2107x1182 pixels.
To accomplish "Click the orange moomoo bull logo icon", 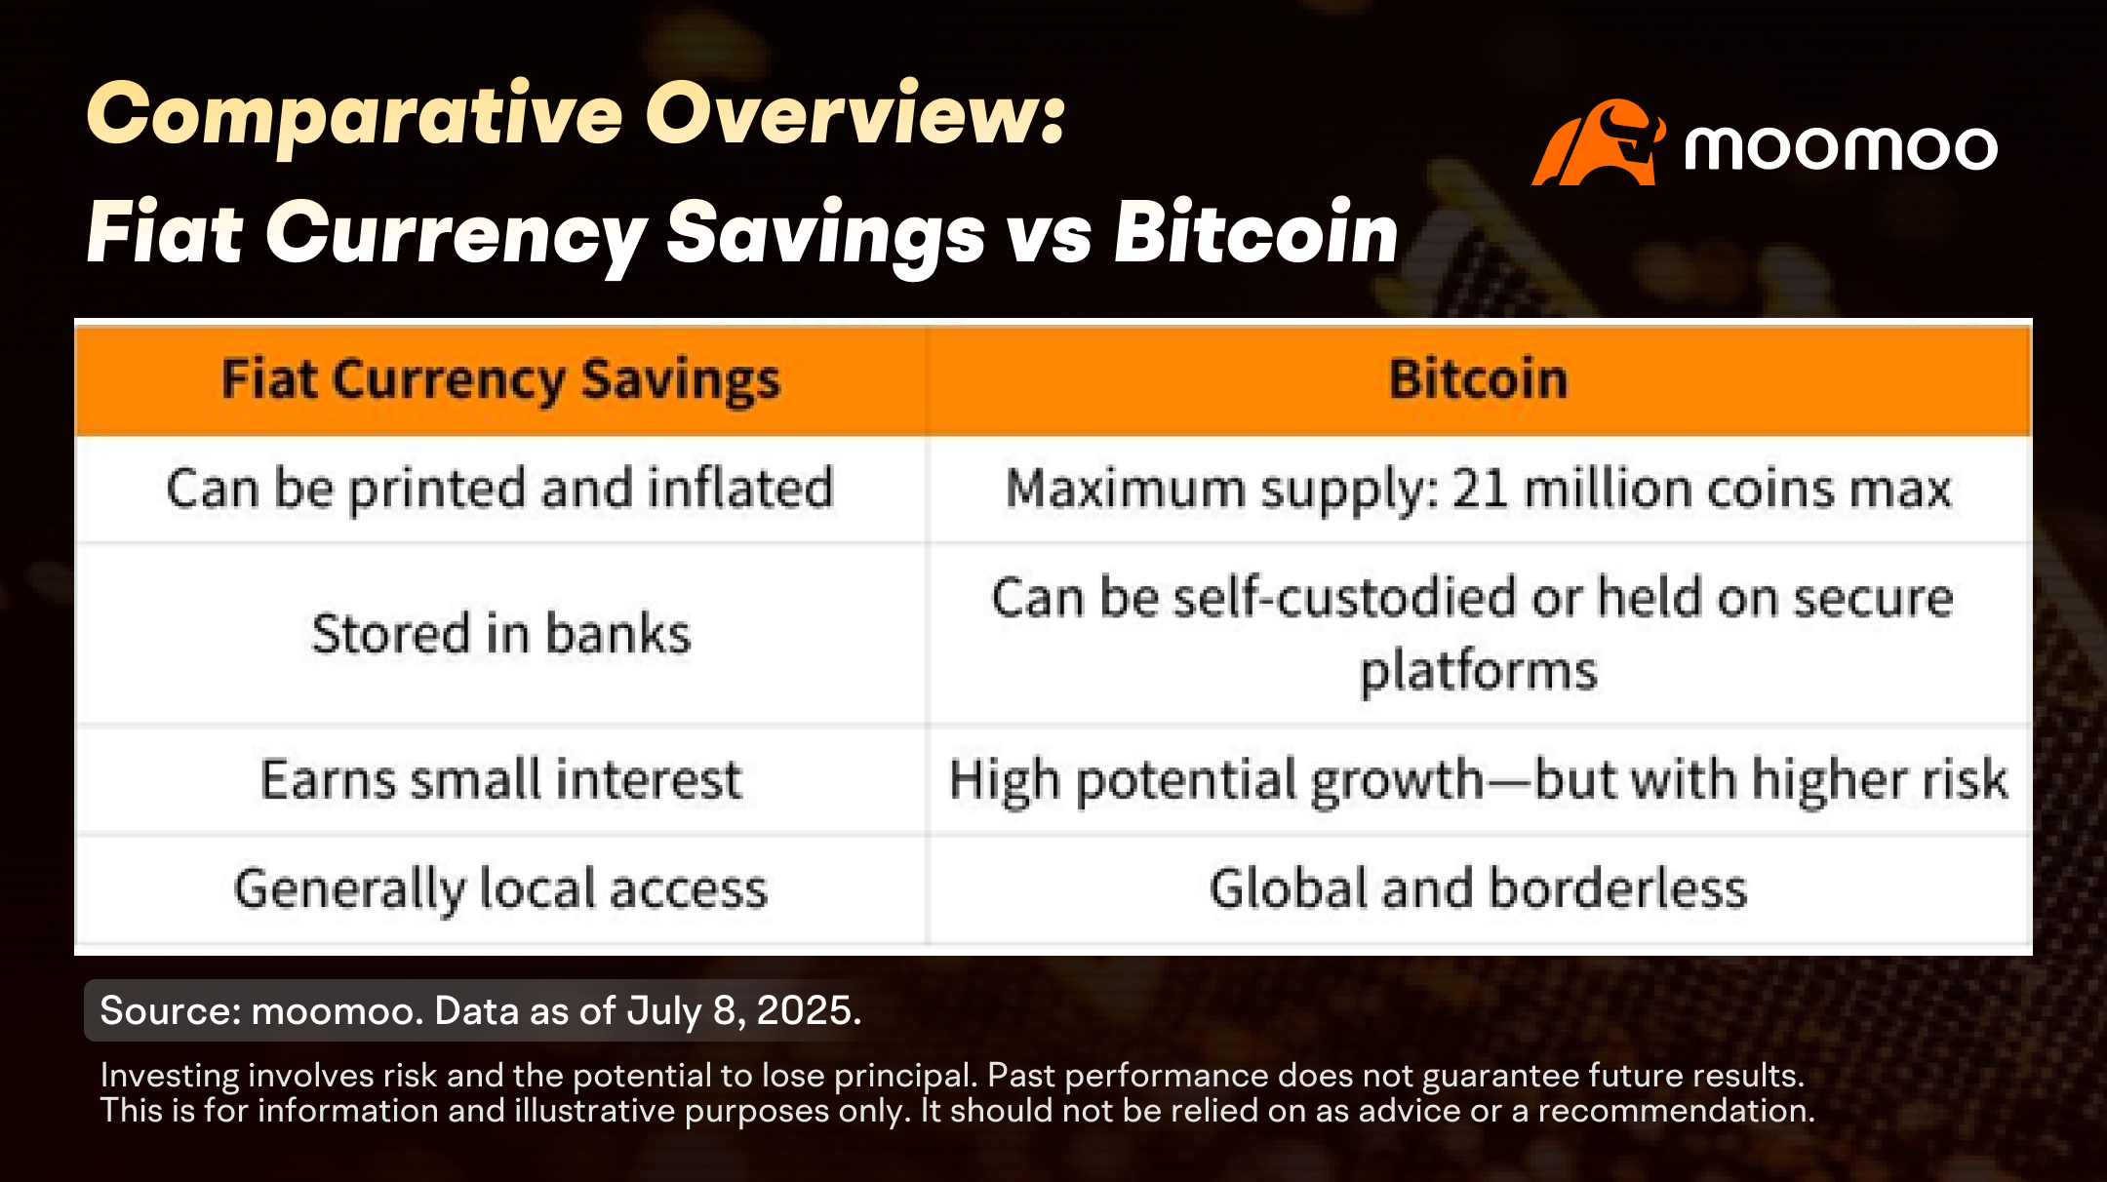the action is point(1598,142).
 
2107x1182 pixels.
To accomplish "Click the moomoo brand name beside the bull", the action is point(1841,148).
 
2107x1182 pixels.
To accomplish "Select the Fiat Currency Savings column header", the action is point(500,380).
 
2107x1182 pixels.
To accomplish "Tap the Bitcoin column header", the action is point(1479,380).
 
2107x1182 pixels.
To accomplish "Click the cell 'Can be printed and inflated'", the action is point(500,489).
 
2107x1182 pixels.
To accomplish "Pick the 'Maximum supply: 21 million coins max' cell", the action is point(1479,489).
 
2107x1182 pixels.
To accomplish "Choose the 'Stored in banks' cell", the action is point(500,634).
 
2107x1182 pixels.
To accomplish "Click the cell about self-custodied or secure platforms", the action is point(1479,634).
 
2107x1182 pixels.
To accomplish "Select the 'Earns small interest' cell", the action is point(500,780).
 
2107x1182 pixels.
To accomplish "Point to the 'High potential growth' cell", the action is point(1479,780).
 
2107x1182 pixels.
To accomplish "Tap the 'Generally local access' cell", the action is point(500,889).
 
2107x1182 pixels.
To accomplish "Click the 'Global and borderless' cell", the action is point(1479,889).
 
